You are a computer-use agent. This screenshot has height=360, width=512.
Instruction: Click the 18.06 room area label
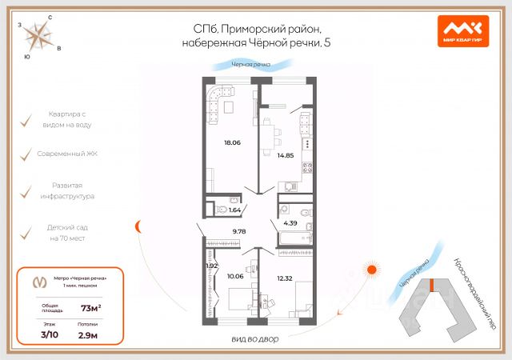pos(232,143)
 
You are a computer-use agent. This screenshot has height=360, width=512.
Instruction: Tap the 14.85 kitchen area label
pos(284,155)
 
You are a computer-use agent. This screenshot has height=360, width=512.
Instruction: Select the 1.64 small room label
pos(234,210)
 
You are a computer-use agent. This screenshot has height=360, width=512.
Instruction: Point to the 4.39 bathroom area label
pos(291,222)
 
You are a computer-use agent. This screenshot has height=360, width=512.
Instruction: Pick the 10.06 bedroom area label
pos(235,276)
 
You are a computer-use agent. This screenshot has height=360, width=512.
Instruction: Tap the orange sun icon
pos(370,270)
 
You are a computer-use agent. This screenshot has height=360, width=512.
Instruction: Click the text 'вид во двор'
pos(255,340)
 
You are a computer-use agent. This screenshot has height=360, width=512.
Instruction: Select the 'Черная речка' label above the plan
pos(250,63)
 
